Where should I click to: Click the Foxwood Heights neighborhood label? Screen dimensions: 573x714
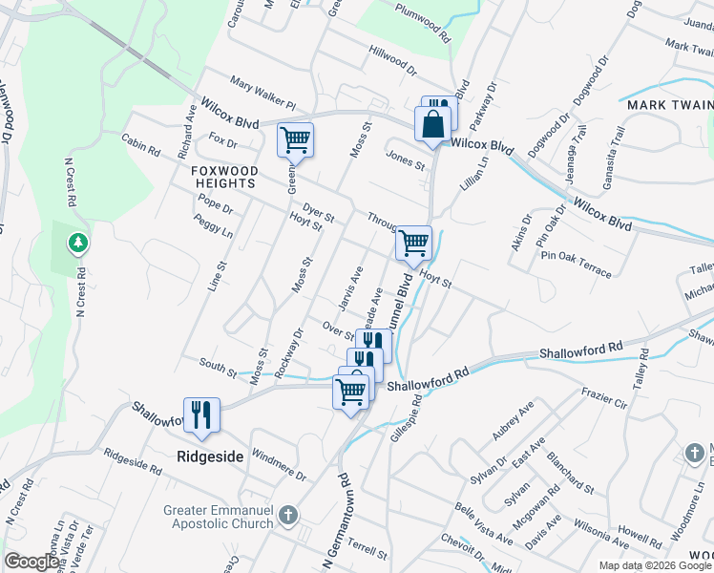click(x=223, y=176)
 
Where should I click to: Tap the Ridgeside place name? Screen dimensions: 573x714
click(x=210, y=456)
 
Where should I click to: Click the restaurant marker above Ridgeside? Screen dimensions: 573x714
click(x=201, y=414)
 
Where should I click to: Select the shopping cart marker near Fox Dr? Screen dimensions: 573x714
click(x=295, y=139)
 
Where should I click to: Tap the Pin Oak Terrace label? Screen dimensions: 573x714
click(x=576, y=264)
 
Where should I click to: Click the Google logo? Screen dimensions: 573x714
click(x=31, y=562)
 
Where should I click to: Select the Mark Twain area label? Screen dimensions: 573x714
click(x=668, y=104)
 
